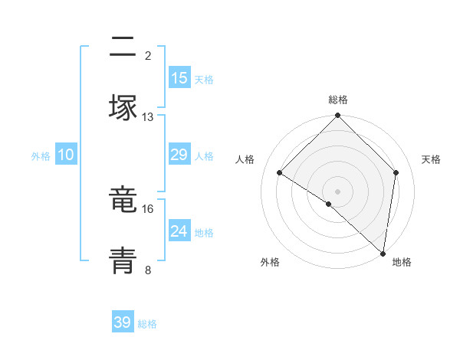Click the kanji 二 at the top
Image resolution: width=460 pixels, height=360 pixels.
[x=123, y=47]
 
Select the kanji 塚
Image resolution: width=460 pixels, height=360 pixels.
[x=123, y=107]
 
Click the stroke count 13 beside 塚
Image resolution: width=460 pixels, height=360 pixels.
[x=148, y=117]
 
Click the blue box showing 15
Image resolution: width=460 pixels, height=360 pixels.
[x=179, y=78]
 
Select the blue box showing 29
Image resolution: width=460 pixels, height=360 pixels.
[x=179, y=155]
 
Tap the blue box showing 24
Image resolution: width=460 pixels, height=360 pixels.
[x=179, y=231]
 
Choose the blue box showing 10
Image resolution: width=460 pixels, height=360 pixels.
[x=66, y=155]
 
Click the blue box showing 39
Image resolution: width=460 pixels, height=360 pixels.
[x=123, y=322]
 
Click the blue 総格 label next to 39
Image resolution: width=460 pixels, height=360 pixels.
[x=147, y=324]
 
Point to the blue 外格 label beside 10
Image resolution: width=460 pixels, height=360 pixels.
[x=41, y=156]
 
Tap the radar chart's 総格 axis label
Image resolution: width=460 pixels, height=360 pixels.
[x=338, y=100]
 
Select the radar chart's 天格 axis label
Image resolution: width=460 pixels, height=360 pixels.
[x=432, y=159]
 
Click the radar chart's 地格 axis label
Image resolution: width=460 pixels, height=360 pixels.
[x=402, y=262]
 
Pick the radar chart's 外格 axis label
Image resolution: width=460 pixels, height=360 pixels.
[x=270, y=262]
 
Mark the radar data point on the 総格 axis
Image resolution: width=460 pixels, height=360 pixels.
[x=338, y=116]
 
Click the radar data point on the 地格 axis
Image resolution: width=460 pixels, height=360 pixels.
[x=383, y=253]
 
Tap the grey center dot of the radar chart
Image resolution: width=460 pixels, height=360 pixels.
[x=338, y=191]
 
